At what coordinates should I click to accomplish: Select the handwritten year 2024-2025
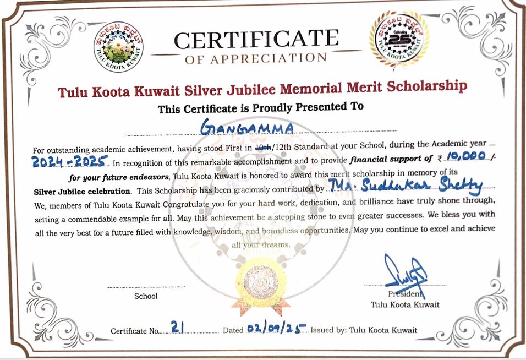click(x=69, y=162)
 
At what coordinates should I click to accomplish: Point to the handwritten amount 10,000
click(x=465, y=157)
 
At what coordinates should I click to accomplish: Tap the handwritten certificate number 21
click(x=177, y=328)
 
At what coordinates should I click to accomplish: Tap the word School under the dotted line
click(x=146, y=296)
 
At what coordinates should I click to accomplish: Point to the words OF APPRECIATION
click(x=255, y=58)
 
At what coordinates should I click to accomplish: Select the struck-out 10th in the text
click(x=264, y=148)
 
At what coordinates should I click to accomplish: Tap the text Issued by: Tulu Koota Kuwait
click(x=364, y=330)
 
